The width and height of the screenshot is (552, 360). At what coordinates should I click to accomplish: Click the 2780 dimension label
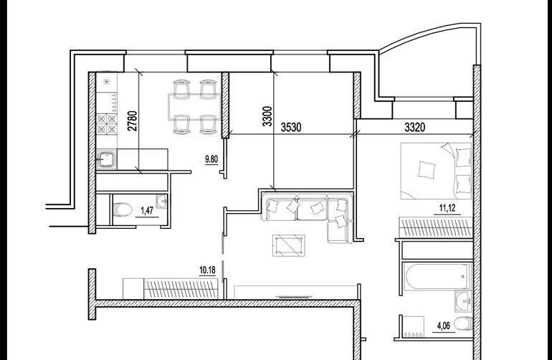(x=133, y=121)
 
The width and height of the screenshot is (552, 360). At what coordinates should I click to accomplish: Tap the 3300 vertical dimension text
(x=268, y=116)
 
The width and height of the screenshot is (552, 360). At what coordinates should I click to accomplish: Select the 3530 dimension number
(x=291, y=127)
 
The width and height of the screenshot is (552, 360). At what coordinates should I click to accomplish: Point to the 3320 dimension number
(x=414, y=127)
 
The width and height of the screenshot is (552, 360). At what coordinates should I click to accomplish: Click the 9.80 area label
(x=211, y=159)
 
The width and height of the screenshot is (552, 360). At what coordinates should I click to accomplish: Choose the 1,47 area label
(x=147, y=211)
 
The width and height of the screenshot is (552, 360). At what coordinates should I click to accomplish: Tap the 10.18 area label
(x=207, y=270)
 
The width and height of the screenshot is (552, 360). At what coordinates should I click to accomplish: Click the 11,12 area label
(x=447, y=208)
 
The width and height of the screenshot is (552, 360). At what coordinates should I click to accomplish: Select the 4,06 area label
(x=444, y=326)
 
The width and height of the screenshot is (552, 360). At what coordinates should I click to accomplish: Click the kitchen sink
(x=107, y=160)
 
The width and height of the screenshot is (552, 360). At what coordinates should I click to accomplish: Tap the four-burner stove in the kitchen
(x=107, y=124)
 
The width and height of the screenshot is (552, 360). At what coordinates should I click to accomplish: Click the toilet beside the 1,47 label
(x=122, y=210)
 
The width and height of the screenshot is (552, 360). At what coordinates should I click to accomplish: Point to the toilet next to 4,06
(x=463, y=324)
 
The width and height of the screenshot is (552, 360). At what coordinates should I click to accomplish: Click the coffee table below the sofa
(x=289, y=245)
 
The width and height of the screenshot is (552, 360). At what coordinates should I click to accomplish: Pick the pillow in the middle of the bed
(x=427, y=169)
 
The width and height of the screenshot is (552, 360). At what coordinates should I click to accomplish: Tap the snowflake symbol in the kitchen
(x=106, y=82)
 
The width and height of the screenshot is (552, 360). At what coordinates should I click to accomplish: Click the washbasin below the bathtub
(x=464, y=301)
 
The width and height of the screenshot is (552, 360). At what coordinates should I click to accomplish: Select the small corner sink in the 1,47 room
(x=162, y=202)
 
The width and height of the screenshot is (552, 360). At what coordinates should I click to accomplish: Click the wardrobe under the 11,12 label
(x=435, y=227)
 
